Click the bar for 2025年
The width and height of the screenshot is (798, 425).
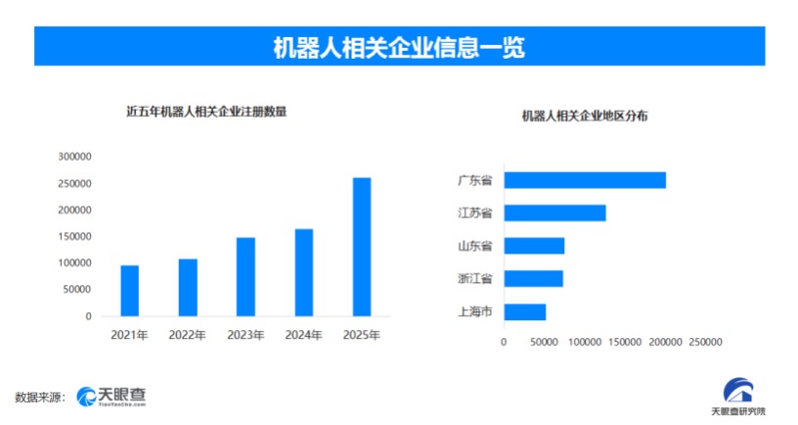[x=362, y=247]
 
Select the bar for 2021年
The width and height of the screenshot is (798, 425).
[x=129, y=291]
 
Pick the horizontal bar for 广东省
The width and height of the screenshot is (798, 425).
[x=585, y=180]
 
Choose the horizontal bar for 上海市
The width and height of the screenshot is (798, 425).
[x=524, y=312]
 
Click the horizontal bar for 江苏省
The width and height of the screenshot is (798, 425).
[x=554, y=212]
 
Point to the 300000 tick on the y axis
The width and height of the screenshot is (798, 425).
[x=74, y=157]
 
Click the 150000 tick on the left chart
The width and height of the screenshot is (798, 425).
[x=74, y=237]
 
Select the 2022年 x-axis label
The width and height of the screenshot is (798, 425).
[x=187, y=335]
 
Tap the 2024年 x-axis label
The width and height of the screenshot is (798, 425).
[x=303, y=335]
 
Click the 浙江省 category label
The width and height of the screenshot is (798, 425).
[x=474, y=278]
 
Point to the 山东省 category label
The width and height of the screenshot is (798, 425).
[x=474, y=245]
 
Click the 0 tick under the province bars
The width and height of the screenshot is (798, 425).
[x=504, y=342]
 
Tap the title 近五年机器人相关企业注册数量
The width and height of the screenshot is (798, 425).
[x=207, y=112]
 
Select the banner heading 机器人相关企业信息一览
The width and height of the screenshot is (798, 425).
[x=399, y=47]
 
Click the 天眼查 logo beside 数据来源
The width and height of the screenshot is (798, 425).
[x=112, y=396]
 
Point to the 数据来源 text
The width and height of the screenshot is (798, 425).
[x=39, y=397]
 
